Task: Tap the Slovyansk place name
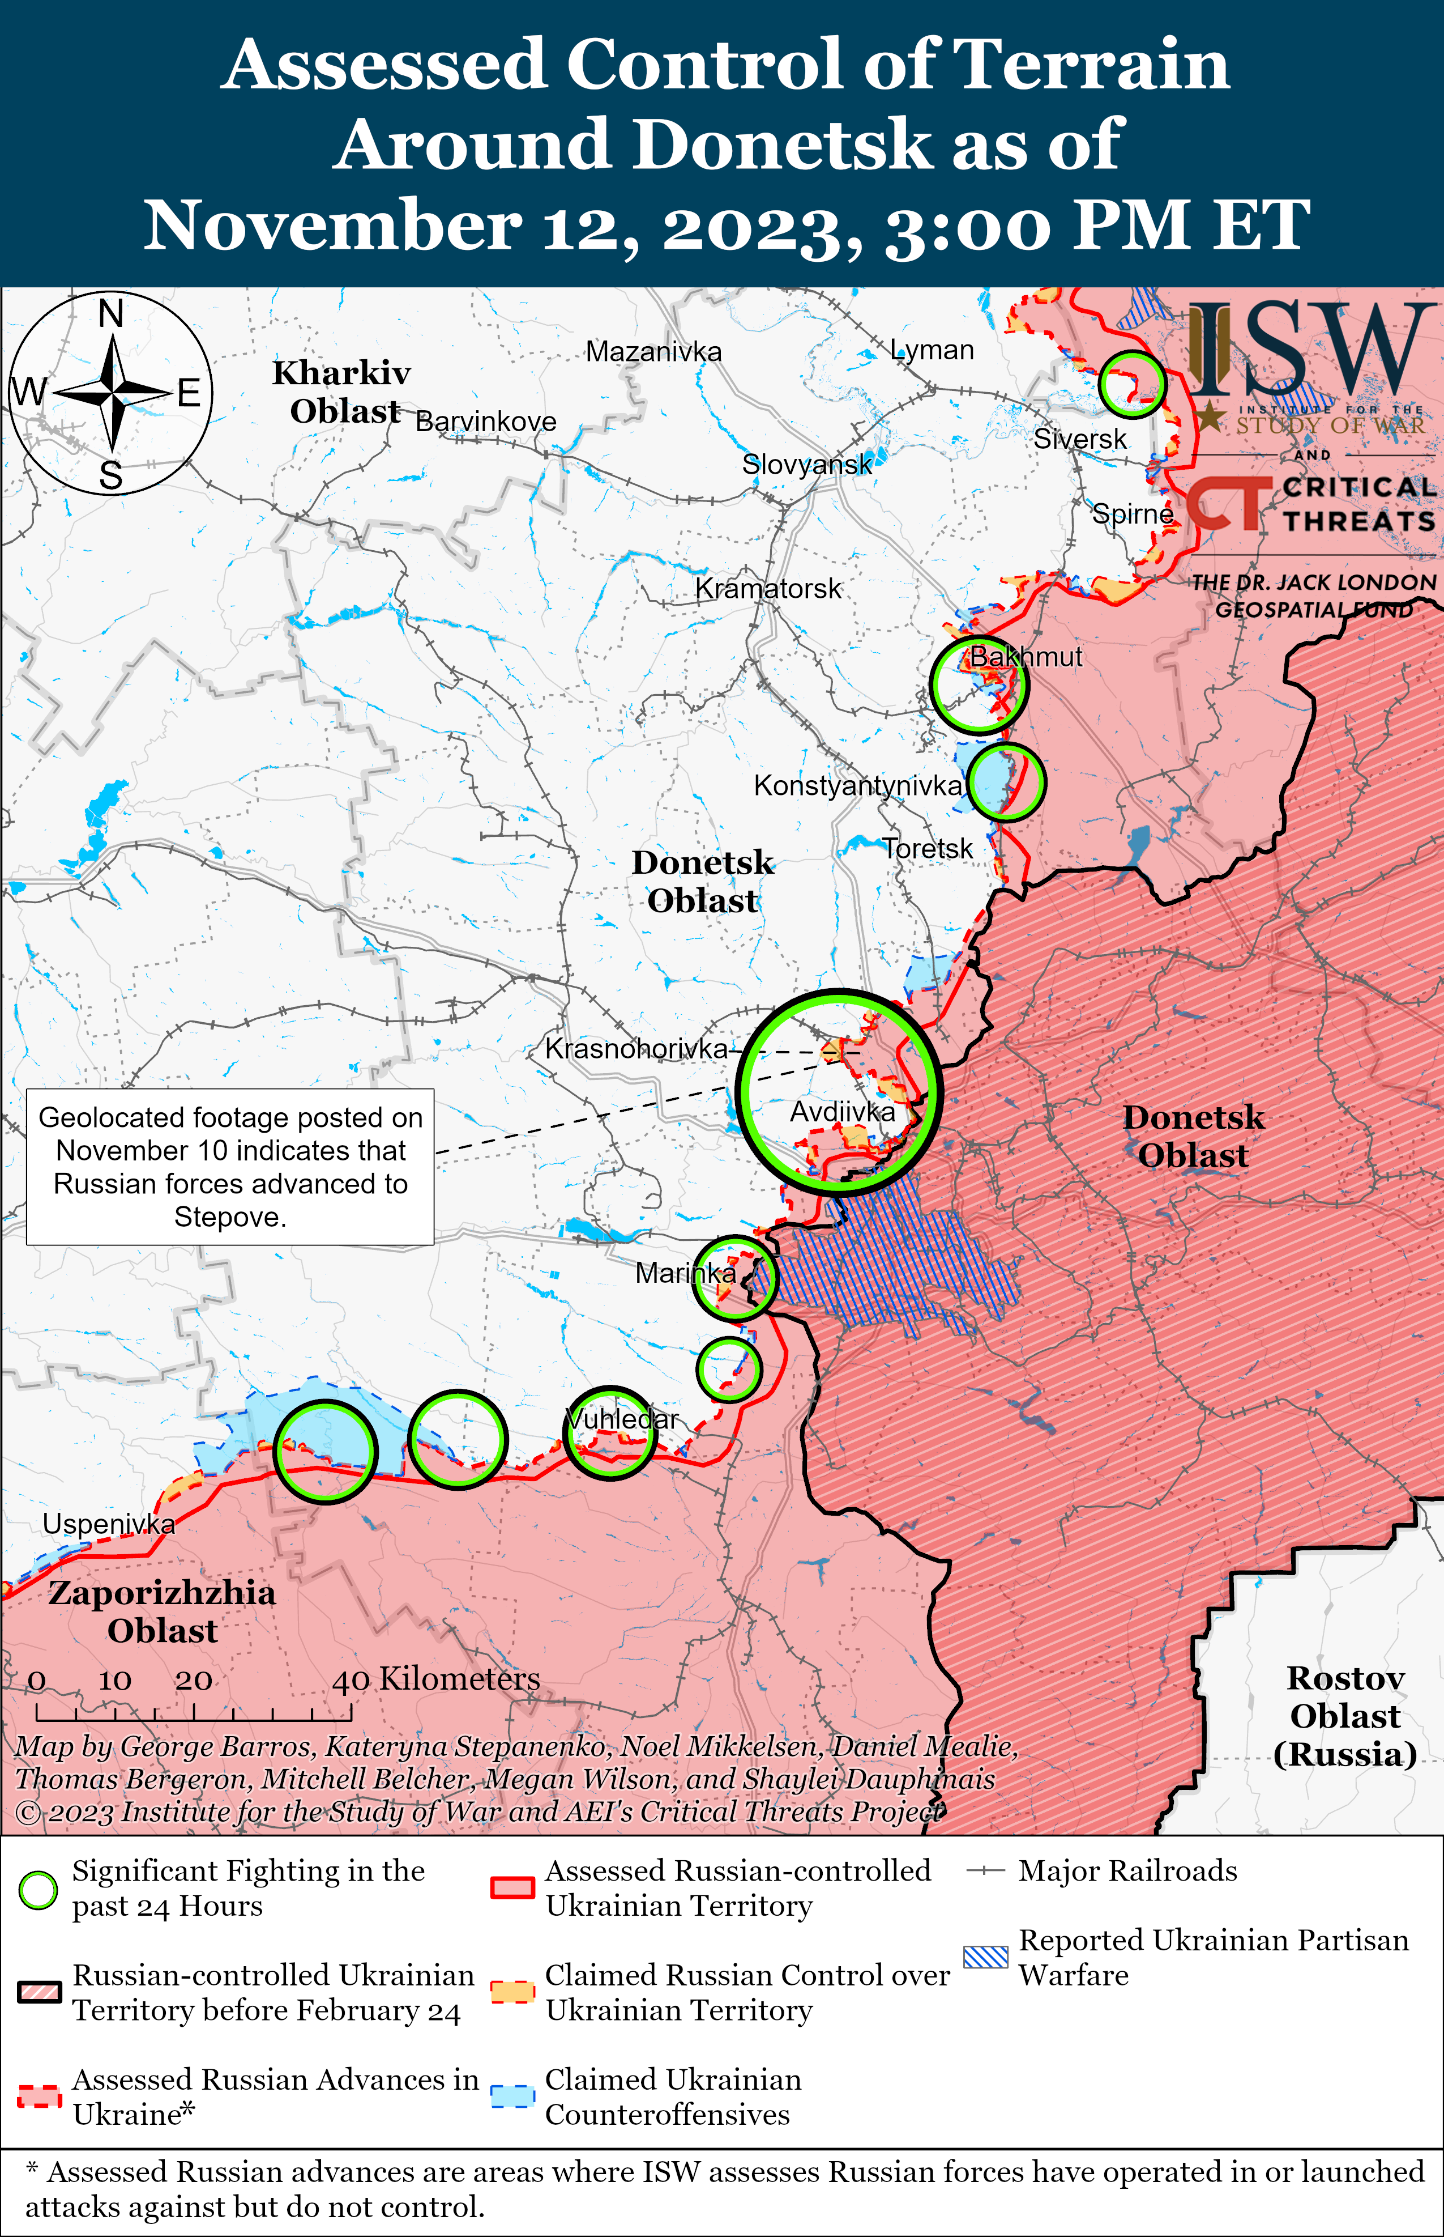[x=806, y=464]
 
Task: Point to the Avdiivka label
[x=842, y=1112]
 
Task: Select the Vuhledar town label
[x=622, y=1419]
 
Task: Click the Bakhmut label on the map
[x=1025, y=657]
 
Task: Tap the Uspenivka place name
[x=109, y=1524]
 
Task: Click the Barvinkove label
[x=486, y=422]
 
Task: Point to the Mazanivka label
[x=653, y=352]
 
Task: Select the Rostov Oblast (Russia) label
[x=1344, y=1716]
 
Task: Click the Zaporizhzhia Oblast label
[x=162, y=1611]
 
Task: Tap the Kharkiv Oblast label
[x=342, y=392]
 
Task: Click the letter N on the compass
[x=110, y=314]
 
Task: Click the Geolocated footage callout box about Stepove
[x=230, y=1167]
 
